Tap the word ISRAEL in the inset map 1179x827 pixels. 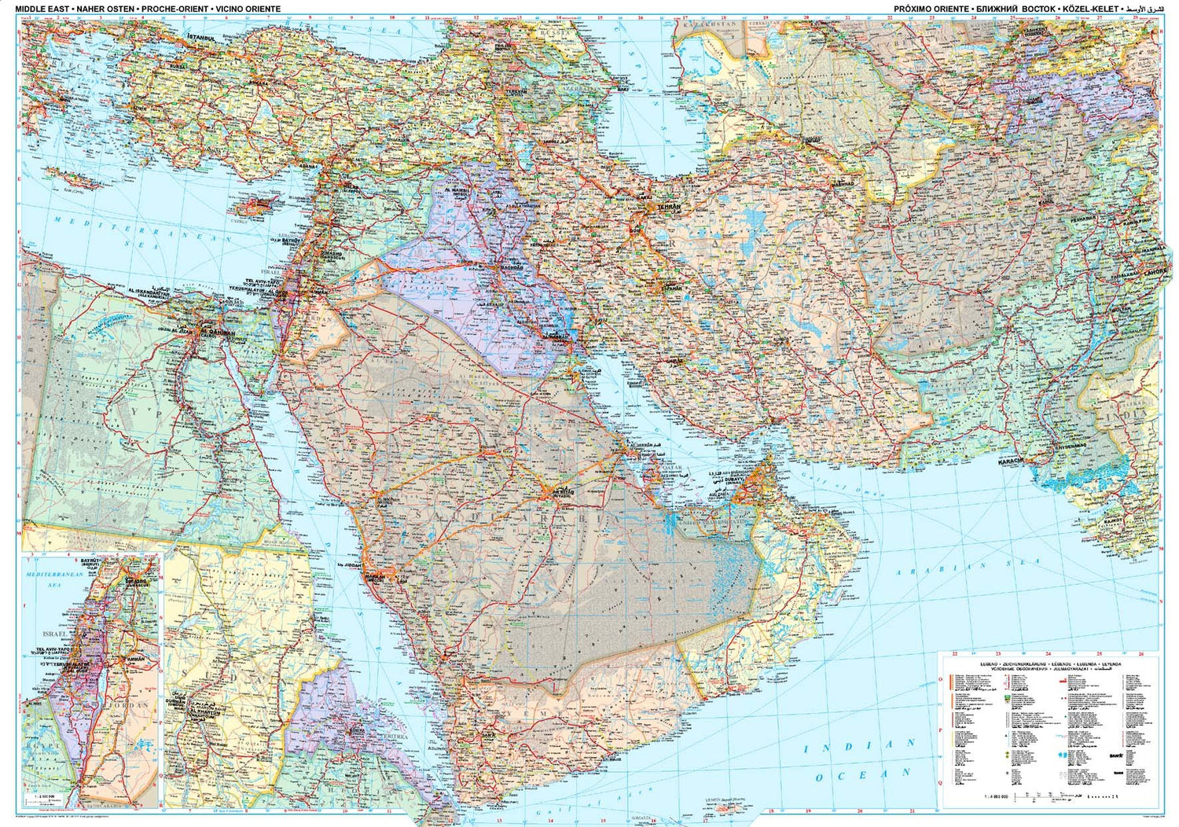(x=54, y=634)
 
